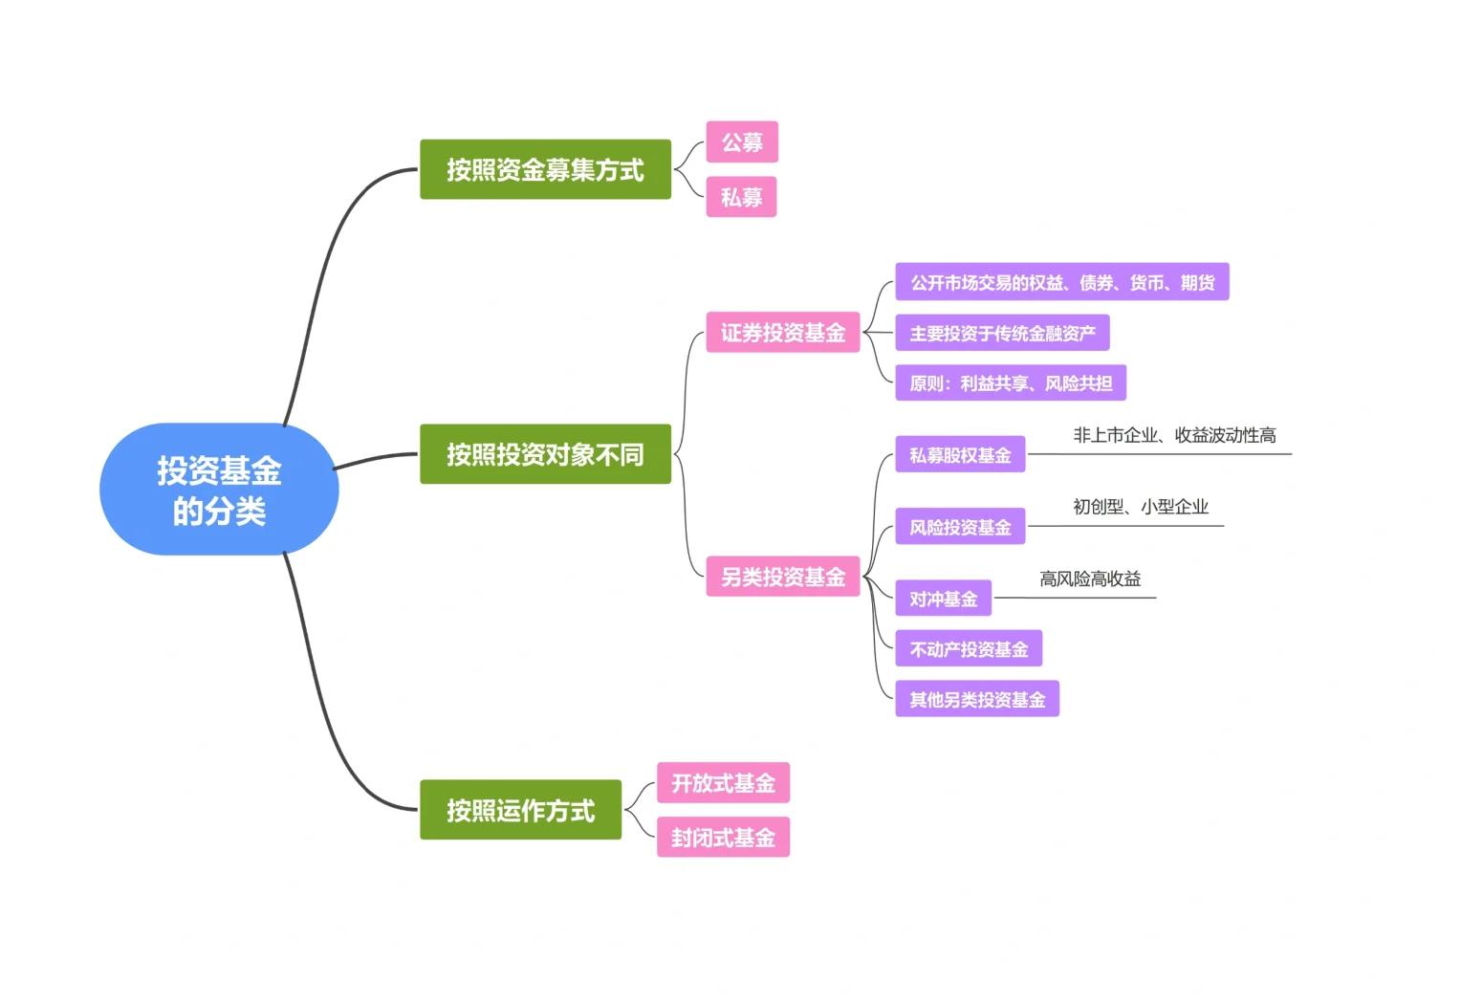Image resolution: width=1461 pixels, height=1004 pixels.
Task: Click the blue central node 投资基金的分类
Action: pos(219,490)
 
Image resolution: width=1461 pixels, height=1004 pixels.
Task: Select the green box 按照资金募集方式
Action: pos(545,169)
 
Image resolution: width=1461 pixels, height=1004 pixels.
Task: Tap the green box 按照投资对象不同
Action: pos(545,454)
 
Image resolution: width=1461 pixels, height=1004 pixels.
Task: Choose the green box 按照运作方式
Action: pos(520,810)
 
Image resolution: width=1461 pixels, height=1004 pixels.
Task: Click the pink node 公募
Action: pos(742,142)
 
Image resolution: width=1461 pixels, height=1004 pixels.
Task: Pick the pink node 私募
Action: pos(742,197)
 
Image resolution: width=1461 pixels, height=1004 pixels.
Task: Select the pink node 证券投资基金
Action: pos(782,333)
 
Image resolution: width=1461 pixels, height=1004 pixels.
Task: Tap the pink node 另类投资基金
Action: pos(782,577)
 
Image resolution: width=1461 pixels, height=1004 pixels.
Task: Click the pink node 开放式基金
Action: pos(723,783)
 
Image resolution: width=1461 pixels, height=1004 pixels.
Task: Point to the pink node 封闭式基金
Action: pos(723,838)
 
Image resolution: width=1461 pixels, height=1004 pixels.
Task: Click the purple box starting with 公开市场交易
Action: pos(1061,283)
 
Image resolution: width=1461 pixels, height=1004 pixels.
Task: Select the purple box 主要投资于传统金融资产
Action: pos(1002,334)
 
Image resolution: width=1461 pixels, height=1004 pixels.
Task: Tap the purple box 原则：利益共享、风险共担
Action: pos(1011,383)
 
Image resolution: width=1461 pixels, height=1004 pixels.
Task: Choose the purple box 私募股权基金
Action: pos(960,455)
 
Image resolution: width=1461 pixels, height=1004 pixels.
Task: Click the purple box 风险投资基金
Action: pos(960,527)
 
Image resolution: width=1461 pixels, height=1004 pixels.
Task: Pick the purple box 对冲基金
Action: pos(943,599)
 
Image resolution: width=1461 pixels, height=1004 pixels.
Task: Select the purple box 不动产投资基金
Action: pos(969,649)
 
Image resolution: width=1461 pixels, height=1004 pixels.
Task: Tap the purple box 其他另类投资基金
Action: pos(977,700)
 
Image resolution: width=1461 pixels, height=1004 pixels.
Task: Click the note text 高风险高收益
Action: pos(1090,578)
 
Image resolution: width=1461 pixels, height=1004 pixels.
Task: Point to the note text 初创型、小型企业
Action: pos(1141,507)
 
